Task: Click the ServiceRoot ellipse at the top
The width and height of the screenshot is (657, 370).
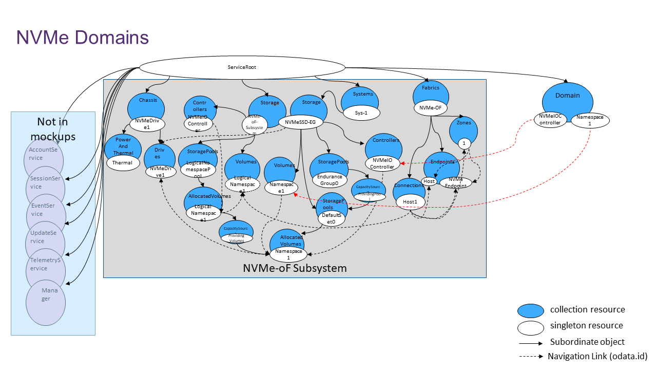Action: [242, 67]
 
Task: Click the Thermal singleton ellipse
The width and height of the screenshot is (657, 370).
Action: [122, 163]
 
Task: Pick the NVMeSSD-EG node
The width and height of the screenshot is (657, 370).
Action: [304, 122]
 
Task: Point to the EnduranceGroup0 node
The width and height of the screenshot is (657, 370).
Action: [329, 180]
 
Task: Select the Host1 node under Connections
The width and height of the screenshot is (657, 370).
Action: [410, 202]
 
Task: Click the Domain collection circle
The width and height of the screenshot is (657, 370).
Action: [568, 98]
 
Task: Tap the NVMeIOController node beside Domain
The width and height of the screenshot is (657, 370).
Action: [550, 119]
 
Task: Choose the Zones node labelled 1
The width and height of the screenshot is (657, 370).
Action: [464, 144]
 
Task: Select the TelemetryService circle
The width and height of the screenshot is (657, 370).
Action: [46, 265]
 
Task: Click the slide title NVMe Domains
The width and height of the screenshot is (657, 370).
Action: [82, 38]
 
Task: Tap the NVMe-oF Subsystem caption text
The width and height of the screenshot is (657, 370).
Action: [295, 268]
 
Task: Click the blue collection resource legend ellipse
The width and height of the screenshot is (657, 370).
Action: [530, 310]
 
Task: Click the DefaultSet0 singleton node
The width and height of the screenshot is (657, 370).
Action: [332, 218]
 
